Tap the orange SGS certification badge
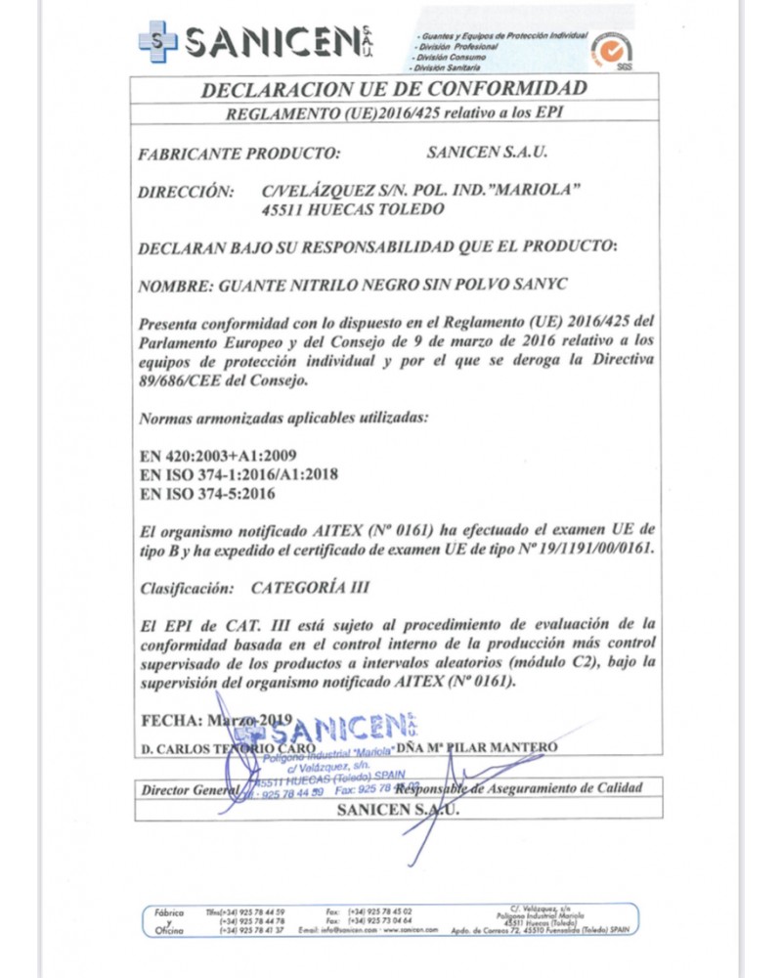click(611, 48)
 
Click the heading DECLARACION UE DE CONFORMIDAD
click(394, 89)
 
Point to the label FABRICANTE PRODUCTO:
click(239, 153)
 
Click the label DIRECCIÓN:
click(186, 192)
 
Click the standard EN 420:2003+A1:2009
click(218, 457)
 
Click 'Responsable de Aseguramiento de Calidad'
click(533, 788)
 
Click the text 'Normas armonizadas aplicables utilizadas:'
click(283, 418)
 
